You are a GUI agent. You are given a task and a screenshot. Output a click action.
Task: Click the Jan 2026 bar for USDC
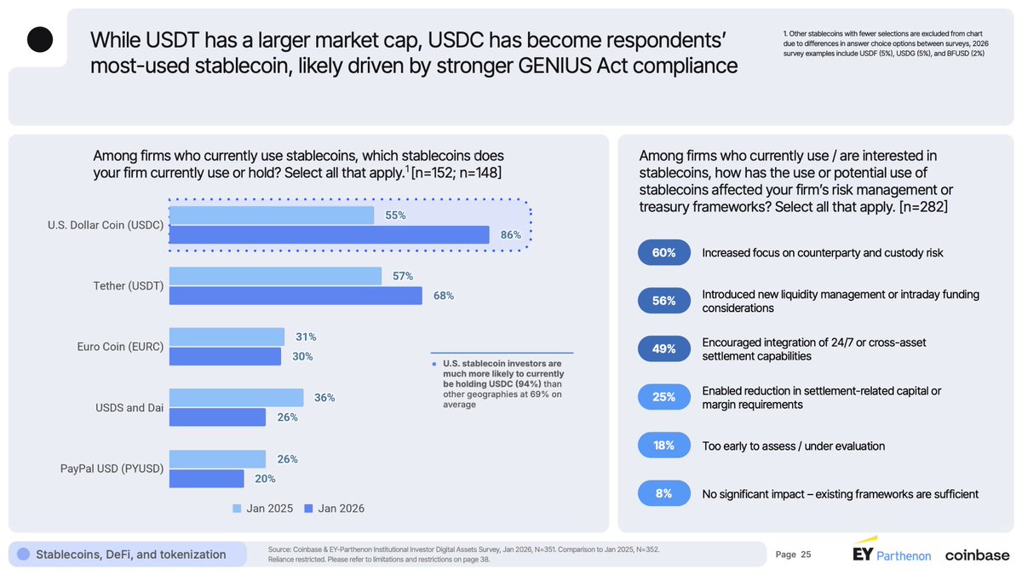tap(329, 235)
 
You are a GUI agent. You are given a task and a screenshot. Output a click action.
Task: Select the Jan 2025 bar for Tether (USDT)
tap(275, 276)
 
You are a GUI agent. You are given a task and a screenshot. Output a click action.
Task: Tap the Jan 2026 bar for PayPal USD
tap(206, 479)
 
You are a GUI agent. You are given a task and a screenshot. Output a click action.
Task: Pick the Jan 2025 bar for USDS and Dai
tap(236, 398)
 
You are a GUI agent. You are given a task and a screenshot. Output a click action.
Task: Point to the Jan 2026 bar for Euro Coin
tap(225, 357)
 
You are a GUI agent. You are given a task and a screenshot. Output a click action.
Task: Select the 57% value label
tap(403, 276)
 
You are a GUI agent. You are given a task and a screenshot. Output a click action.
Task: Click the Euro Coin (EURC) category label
tap(120, 347)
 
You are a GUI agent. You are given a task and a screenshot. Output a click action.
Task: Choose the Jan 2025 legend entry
tap(263, 509)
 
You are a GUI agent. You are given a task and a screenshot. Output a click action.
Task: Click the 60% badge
tap(664, 253)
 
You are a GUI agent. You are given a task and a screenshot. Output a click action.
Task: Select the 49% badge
tap(664, 348)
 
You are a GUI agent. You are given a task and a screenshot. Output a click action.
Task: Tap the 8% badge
tap(664, 493)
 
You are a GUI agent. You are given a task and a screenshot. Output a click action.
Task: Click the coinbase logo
tap(976, 555)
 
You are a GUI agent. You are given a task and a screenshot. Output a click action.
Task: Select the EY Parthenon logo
tap(892, 553)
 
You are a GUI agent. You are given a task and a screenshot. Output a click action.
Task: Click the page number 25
tap(806, 555)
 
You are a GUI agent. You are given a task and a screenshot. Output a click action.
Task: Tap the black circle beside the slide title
tap(40, 39)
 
